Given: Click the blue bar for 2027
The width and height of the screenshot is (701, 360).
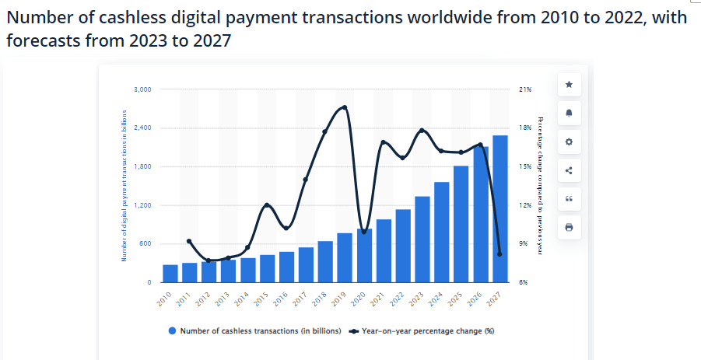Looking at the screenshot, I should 500,208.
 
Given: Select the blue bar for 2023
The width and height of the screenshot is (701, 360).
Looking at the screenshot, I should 422,239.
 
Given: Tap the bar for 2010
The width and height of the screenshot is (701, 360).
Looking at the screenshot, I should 170,274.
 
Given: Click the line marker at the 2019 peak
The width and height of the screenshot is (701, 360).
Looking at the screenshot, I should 345,107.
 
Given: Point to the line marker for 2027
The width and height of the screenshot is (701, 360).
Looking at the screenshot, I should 499,254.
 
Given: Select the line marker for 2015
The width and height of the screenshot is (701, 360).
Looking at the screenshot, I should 267,205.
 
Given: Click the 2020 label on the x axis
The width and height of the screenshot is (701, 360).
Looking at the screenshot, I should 359,299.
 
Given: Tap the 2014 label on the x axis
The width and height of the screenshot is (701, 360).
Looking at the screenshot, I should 242,299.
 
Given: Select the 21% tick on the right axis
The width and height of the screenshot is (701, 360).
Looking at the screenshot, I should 524,89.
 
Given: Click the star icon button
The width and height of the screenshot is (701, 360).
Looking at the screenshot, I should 569,84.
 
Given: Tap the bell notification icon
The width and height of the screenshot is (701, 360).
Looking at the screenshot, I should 569,113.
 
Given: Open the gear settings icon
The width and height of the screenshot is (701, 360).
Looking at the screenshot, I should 569,142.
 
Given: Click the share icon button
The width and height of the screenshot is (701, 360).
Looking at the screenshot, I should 569,170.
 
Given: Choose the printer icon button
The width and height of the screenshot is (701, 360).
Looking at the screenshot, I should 569,228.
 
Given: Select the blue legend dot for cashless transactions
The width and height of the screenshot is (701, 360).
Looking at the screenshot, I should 172,331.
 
